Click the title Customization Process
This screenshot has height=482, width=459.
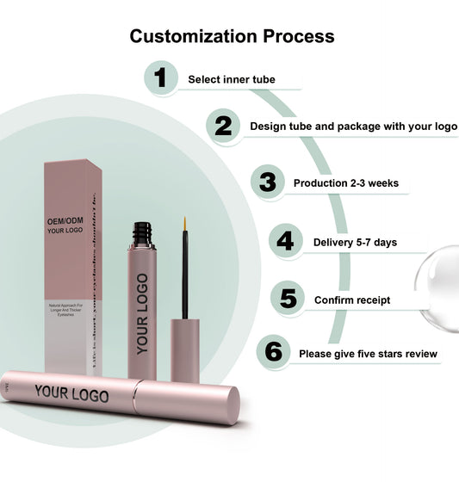(232, 36)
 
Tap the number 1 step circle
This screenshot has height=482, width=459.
(159, 78)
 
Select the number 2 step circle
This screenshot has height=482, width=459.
(223, 126)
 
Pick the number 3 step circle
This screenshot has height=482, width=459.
(268, 182)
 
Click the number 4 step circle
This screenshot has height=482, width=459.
(285, 241)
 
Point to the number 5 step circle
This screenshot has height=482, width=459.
(288, 300)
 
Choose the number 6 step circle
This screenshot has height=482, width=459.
(273, 352)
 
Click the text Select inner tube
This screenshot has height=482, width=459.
(232, 79)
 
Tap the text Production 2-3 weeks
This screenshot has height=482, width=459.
(345, 183)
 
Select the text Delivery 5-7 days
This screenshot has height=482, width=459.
(355, 242)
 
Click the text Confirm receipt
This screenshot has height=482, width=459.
(351, 300)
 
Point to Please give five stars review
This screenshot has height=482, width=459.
(368, 354)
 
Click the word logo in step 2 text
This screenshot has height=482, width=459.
(445, 127)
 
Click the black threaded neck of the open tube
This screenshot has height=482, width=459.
(142, 234)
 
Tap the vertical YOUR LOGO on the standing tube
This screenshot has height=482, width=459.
(142, 314)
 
